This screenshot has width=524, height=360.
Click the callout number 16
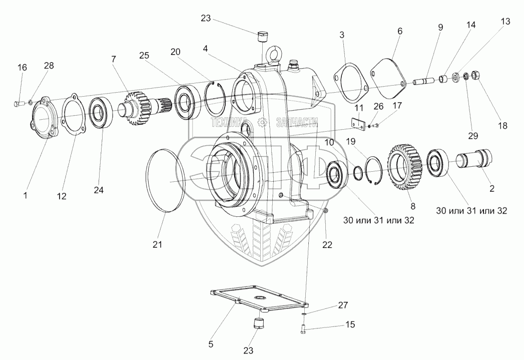coord(22,68)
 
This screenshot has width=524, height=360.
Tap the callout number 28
coord(49,66)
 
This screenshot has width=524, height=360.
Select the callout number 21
coord(158,244)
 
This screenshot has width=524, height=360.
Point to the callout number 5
coord(210,344)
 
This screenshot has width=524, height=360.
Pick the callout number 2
coord(492,189)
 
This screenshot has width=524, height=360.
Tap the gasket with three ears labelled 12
coord(73,116)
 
